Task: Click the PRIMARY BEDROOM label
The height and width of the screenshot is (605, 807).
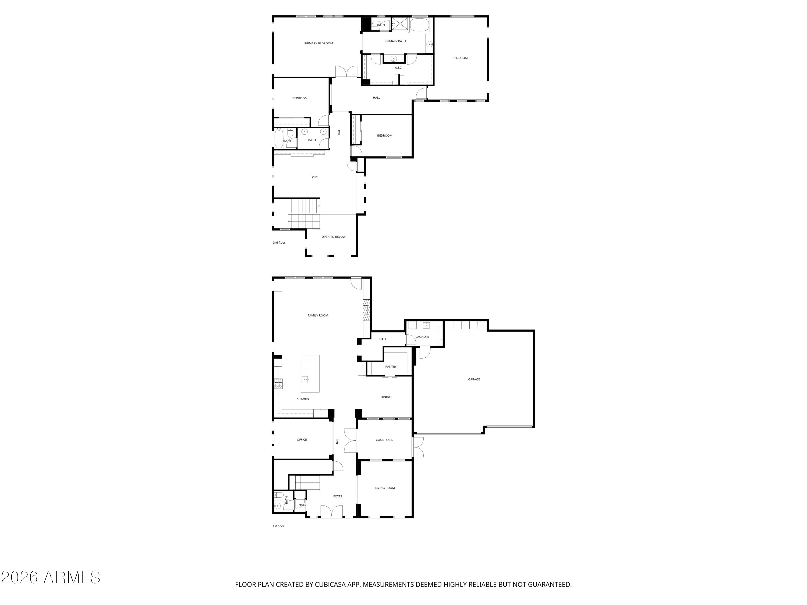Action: pyautogui.click(x=318, y=43)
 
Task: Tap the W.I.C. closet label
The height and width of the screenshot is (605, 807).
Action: pyautogui.click(x=398, y=67)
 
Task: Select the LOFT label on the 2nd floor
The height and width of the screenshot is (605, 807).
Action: pyautogui.click(x=314, y=177)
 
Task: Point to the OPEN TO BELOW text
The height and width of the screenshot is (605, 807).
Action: pyautogui.click(x=333, y=237)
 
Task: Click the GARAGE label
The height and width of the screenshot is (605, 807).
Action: pyautogui.click(x=474, y=379)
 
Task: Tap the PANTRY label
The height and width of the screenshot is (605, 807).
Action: pyautogui.click(x=391, y=366)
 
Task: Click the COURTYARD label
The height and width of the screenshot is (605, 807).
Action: pyautogui.click(x=384, y=440)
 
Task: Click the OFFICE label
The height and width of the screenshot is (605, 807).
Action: pyautogui.click(x=302, y=439)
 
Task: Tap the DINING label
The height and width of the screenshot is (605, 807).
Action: pyautogui.click(x=386, y=397)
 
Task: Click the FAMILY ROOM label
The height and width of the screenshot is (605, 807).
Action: pyautogui.click(x=318, y=315)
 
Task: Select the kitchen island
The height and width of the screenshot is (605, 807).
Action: pyautogui.click(x=310, y=373)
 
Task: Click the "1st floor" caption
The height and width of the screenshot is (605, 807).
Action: pyautogui.click(x=278, y=526)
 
